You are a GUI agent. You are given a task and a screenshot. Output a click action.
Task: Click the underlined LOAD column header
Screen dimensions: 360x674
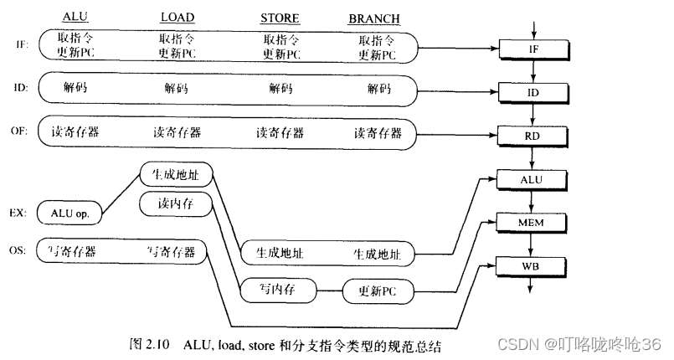tap(178, 18)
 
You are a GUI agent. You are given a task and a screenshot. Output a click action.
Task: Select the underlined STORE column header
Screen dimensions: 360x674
tap(280, 18)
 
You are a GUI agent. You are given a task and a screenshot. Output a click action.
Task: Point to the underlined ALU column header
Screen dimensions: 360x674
tap(75, 18)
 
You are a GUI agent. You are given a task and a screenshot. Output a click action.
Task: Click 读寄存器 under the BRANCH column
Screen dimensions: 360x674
tap(378, 132)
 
